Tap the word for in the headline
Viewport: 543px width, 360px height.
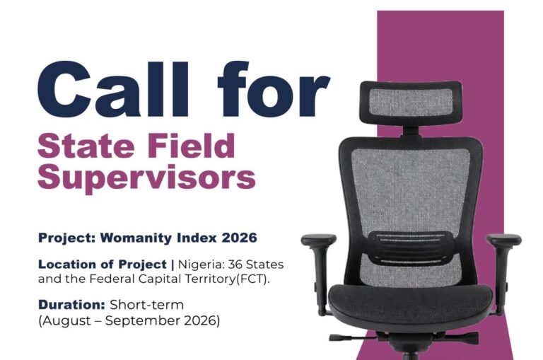[274, 88]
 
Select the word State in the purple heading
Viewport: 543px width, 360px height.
[86, 146]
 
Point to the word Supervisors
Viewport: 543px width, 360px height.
[147, 177]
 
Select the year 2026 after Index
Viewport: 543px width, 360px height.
[239, 238]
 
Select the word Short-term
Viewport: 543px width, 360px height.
[147, 305]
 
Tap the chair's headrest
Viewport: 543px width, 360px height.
[411, 103]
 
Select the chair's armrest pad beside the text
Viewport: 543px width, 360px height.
[319, 240]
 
